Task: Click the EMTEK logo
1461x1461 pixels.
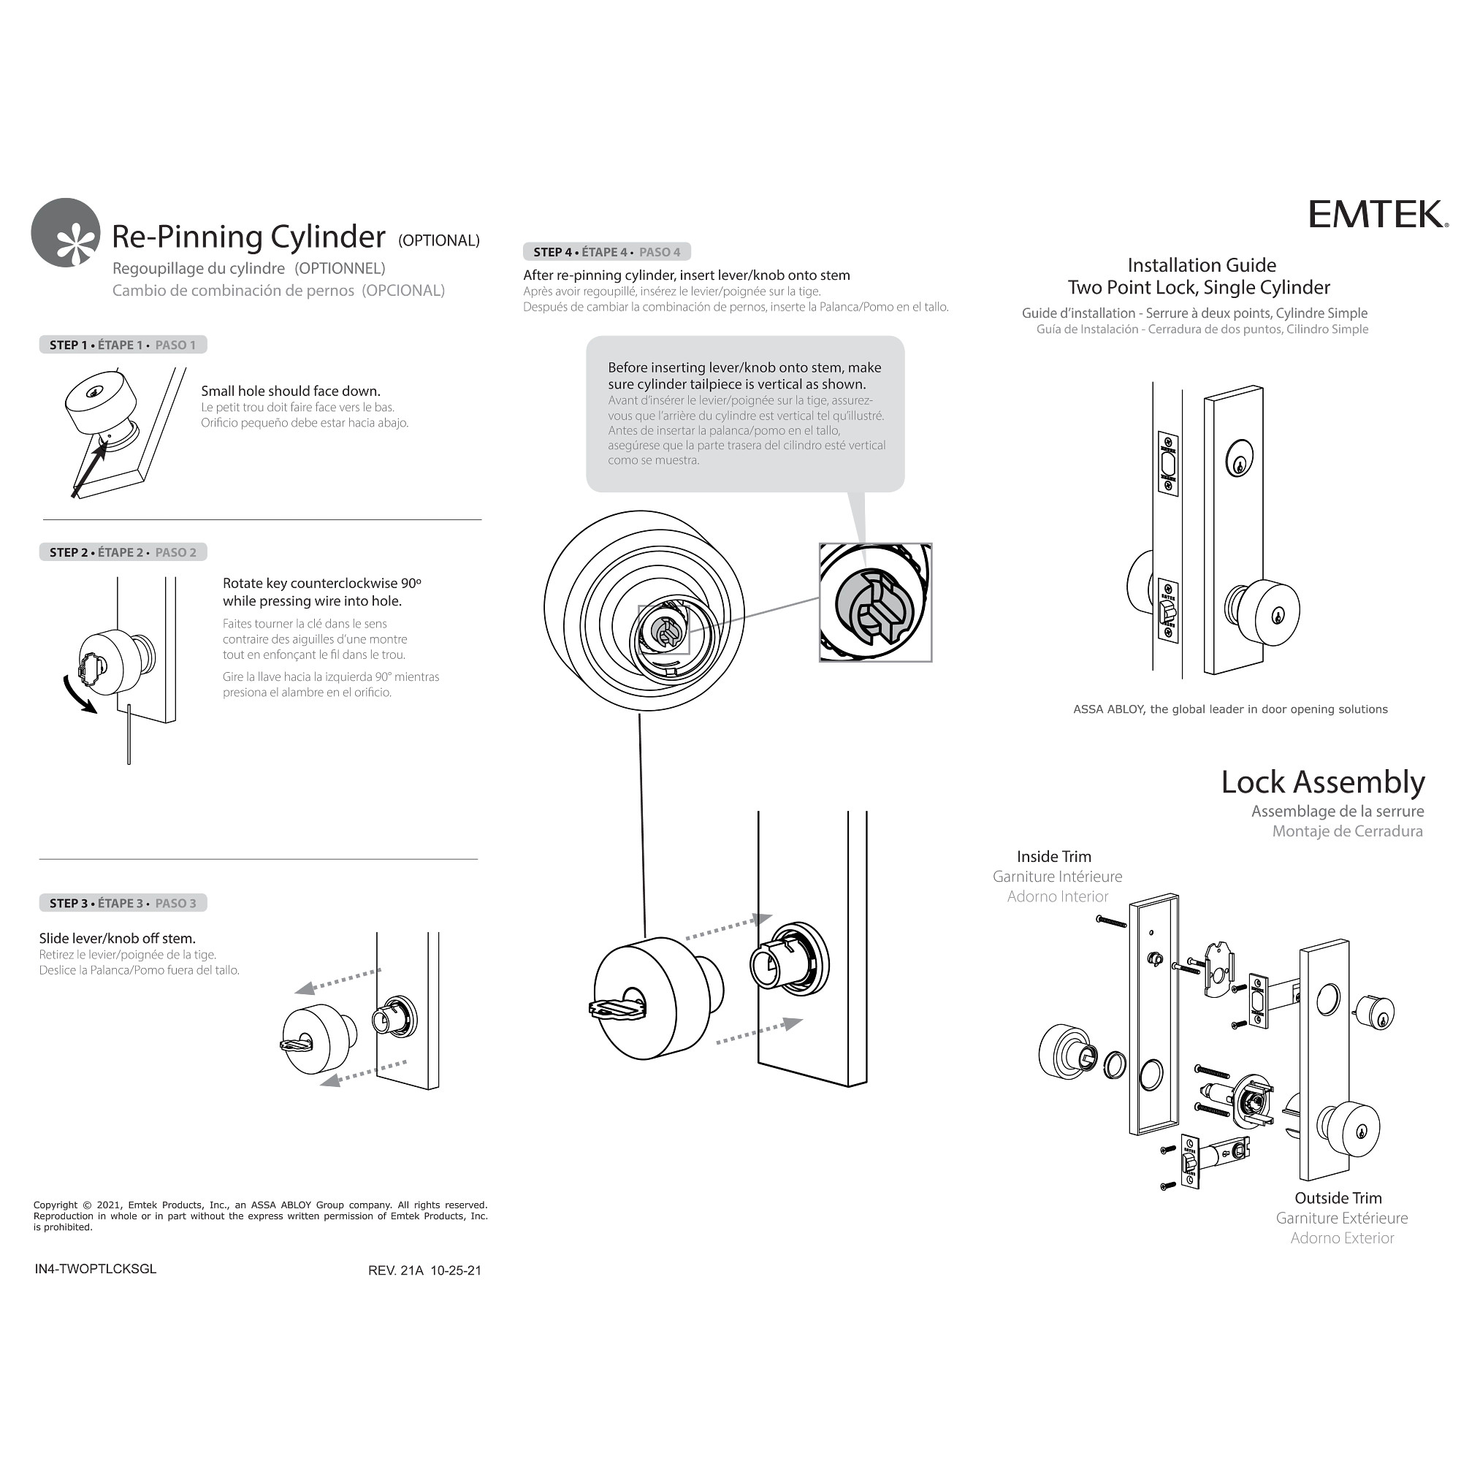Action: (1378, 214)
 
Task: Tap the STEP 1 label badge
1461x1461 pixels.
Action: (123, 345)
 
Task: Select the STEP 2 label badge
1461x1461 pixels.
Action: (123, 552)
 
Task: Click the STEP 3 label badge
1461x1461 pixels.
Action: (123, 903)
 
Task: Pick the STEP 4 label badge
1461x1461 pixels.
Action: (606, 252)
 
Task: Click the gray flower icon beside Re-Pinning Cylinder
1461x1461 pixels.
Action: (66, 233)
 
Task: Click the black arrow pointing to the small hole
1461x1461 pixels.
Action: (89, 469)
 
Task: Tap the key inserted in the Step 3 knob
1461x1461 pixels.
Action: (300, 1046)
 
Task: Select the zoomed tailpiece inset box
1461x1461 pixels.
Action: (875, 603)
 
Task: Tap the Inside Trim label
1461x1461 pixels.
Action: (1053, 856)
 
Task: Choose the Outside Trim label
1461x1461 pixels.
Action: (1338, 1198)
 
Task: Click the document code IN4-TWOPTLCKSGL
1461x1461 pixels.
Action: (95, 1269)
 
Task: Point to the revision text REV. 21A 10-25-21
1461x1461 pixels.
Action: (424, 1270)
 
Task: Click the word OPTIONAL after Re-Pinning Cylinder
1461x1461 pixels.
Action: (438, 240)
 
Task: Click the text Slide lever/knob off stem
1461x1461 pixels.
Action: (117, 939)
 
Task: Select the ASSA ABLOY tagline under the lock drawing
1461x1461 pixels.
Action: (1229, 709)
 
